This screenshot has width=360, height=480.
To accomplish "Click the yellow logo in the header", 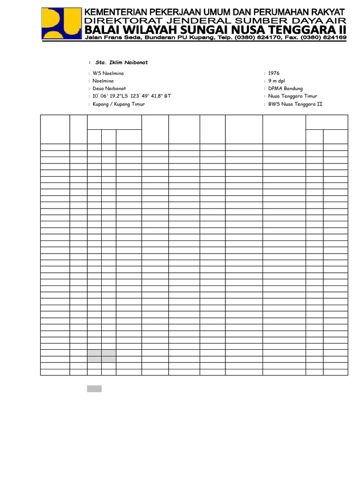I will pyautogui.click(x=61, y=23).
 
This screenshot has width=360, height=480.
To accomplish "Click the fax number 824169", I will pyautogui.click(x=334, y=37).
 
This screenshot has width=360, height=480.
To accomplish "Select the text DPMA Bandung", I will pyautogui.click(x=285, y=89).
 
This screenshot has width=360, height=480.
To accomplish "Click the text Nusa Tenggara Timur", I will pyautogui.click(x=292, y=96).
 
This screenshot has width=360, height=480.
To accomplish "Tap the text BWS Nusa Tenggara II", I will pyautogui.click(x=295, y=104).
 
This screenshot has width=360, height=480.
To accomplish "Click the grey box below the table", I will pyautogui.click(x=94, y=389).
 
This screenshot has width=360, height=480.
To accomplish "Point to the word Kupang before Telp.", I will pyautogui.click(x=203, y=37).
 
